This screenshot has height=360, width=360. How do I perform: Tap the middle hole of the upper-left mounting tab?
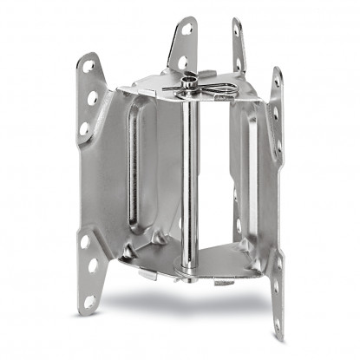point(93,98)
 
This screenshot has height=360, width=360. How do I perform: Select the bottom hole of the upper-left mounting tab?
point(84,128)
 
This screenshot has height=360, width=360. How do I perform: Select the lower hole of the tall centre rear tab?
point(183,62)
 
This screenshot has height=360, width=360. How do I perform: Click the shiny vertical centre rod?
point(188,173)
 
